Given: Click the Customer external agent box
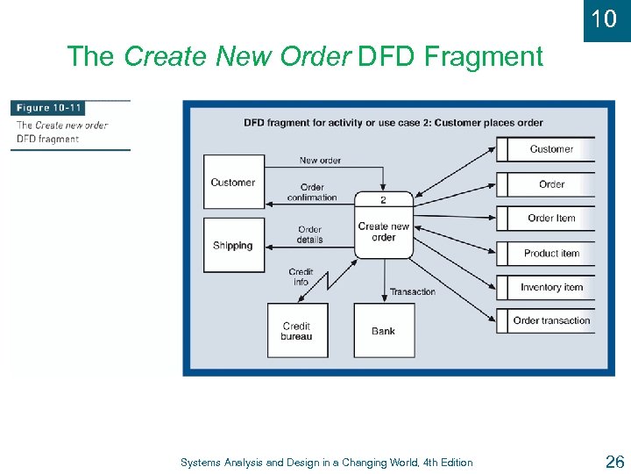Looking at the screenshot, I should coord(233,183).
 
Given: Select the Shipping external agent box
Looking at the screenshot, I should coord(233,245).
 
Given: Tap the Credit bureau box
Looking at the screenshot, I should coord(297,330).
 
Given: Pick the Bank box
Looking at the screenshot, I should coord(383,330).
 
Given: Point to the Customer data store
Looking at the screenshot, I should coord(550,149).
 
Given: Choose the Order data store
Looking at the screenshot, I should coord(550,184).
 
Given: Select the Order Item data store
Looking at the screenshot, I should coord(550,219).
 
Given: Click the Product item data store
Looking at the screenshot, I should coord(550,253).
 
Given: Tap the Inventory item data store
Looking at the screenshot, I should coord(550,287).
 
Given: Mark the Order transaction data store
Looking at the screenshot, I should coord(550,320).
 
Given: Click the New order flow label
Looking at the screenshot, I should coord(320,161).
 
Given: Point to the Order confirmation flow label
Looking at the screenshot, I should coord(312,192).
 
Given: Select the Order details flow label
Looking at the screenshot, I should coord(309,234).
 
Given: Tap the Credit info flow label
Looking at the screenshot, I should coord(301,276).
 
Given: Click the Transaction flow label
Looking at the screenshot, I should coord(412,291).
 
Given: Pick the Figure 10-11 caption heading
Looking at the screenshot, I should coord(49,108).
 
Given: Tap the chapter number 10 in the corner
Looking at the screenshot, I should coord(605,18).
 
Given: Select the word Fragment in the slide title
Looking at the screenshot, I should coord(484,57).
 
